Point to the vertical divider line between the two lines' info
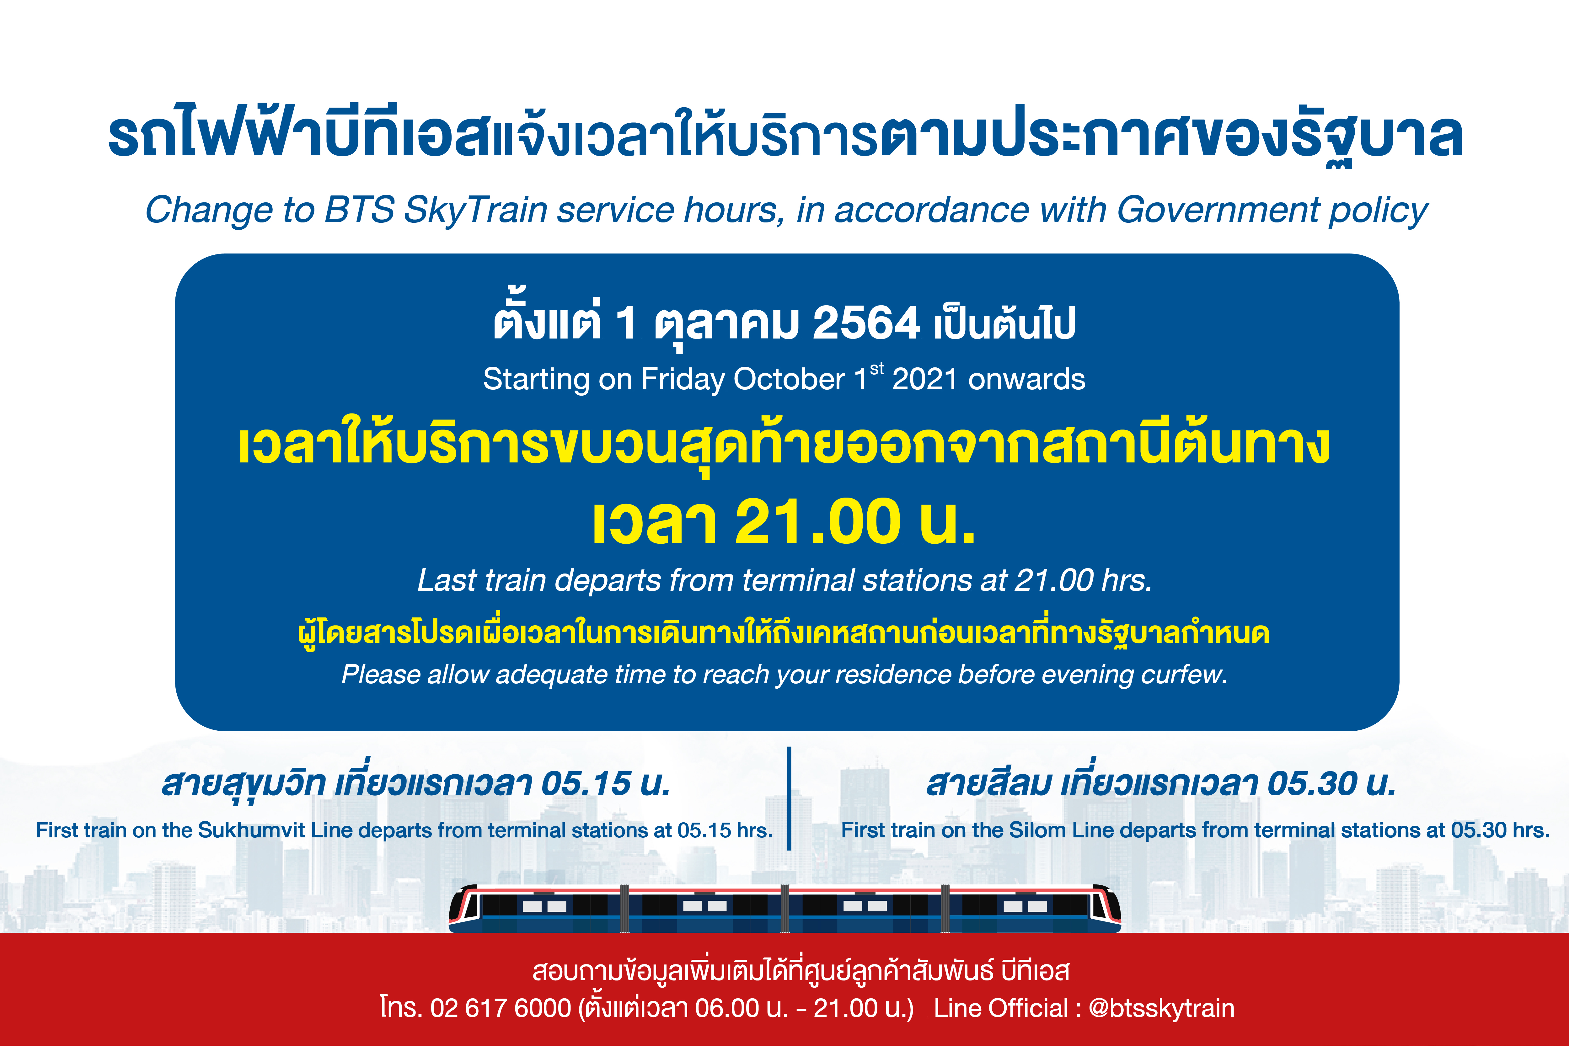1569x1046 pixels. coord(789,798)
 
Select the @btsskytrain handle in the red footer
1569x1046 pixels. coord(1161,1009)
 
